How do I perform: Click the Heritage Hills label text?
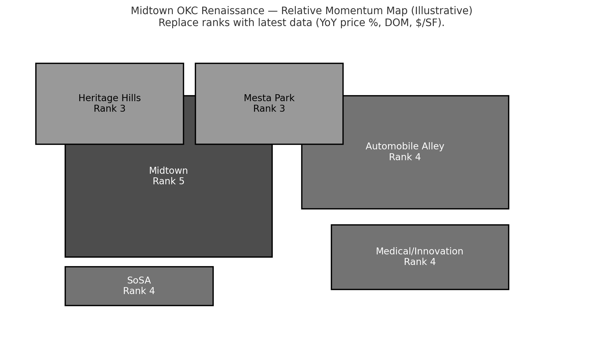(109, 98)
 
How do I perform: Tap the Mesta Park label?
(269, 98)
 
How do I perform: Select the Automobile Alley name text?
(405, 146)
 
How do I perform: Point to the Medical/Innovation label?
(419, 251)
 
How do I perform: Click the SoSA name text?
(139, 280)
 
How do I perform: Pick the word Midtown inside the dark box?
(168, 171)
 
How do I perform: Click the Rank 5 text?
(168, 181)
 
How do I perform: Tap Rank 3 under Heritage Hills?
(109, 109)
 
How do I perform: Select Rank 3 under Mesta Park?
(269, 109)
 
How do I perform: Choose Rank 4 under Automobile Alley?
(405, 157)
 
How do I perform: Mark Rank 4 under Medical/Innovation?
(420, 262)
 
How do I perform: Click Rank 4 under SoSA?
(139, 291)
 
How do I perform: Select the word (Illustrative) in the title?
(442, 11)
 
